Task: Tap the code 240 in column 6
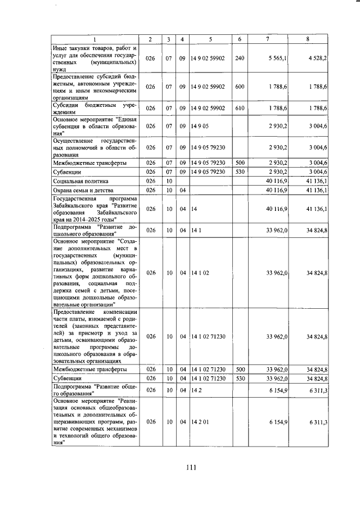tap(240, 57)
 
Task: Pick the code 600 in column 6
tap(240, 87)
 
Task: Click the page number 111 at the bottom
tap(190, 466)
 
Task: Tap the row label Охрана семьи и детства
tap(82, 191)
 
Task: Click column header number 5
tap(210, 39)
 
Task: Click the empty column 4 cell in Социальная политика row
tap(182, 182)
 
